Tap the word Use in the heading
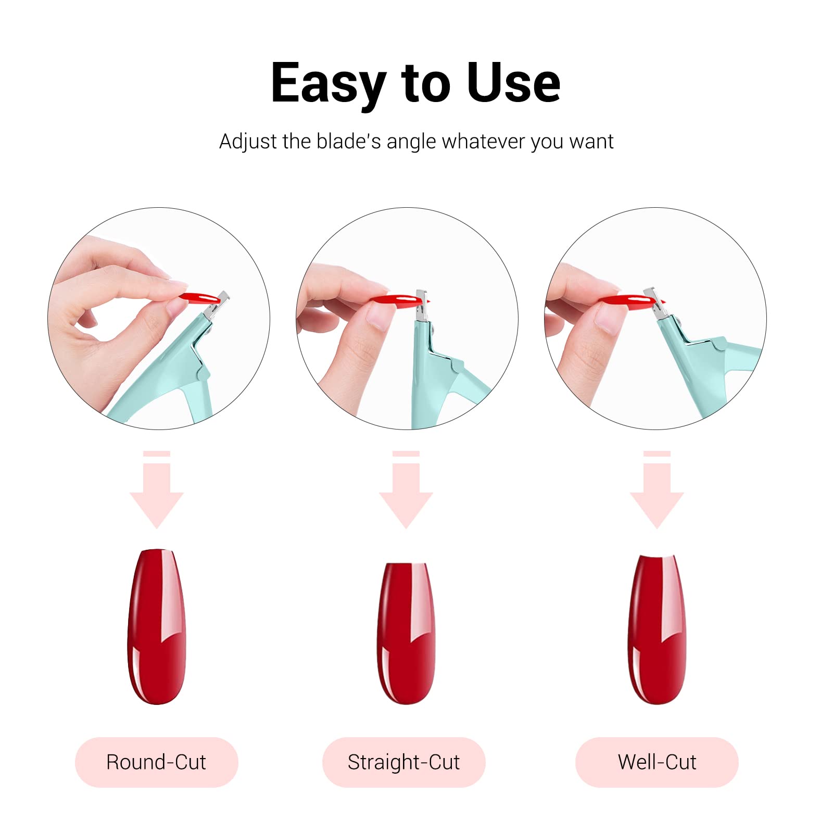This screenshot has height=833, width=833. coord(513,83)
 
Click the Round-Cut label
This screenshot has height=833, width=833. coord(156,762)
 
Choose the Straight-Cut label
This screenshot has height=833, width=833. coord(404,762)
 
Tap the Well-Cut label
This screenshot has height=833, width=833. coord(657,762)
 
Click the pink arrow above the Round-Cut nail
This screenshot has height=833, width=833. coord(157,489)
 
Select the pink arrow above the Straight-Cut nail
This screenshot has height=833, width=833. coord(406,489)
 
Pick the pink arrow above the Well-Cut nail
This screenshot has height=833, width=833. coord(657,489)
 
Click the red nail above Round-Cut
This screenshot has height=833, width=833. coord(157,626)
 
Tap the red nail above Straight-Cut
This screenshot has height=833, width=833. coord(406,633)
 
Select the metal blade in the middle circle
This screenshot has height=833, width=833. coord(422,306)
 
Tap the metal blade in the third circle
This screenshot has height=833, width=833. coord(655,304)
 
